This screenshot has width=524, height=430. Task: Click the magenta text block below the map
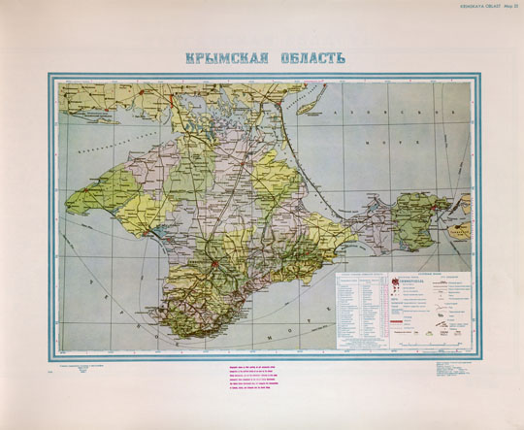pyautogui.click(x=259, y=379)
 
